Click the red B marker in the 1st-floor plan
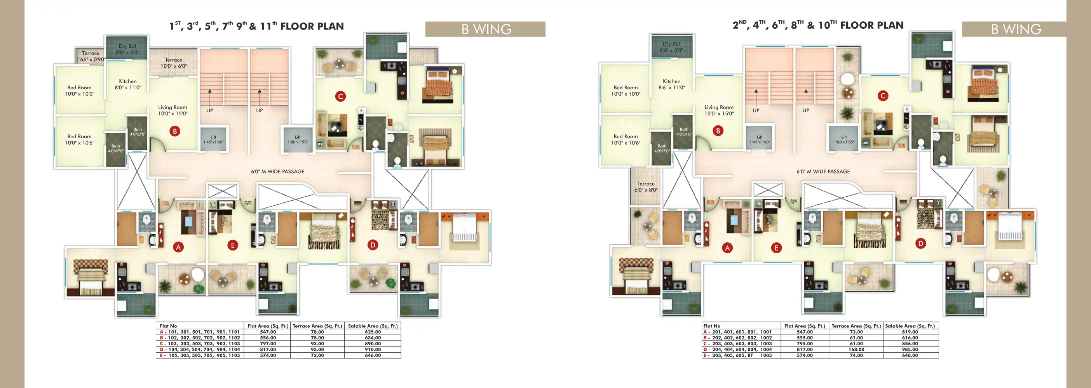(x=174, y=131)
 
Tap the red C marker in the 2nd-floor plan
(x=883, y=96)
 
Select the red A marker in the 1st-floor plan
(x=178, y=247)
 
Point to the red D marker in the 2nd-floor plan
(x=920, y=244)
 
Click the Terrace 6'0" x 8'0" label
(x=646, y=187)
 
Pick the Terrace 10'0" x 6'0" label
(x=173, y=63)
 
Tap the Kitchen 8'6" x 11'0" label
(x=671, y=84)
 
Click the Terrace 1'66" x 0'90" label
(x=91, y=56)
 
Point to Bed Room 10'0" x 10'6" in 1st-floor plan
(x=79, y=139)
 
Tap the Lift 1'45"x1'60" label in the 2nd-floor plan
(x=759, y=139)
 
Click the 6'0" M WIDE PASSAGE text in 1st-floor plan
(x=277, y=172)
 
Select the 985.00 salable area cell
(x=910, y=350)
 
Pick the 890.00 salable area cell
(x=373, y=343)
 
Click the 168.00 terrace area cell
(x=856, y=350)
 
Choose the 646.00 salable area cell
(x=373, y=355)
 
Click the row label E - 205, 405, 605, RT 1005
(x=737, y=355)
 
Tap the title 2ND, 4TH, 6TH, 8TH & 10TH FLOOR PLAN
(x=818, y=25)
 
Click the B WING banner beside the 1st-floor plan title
(x=485, y=29)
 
